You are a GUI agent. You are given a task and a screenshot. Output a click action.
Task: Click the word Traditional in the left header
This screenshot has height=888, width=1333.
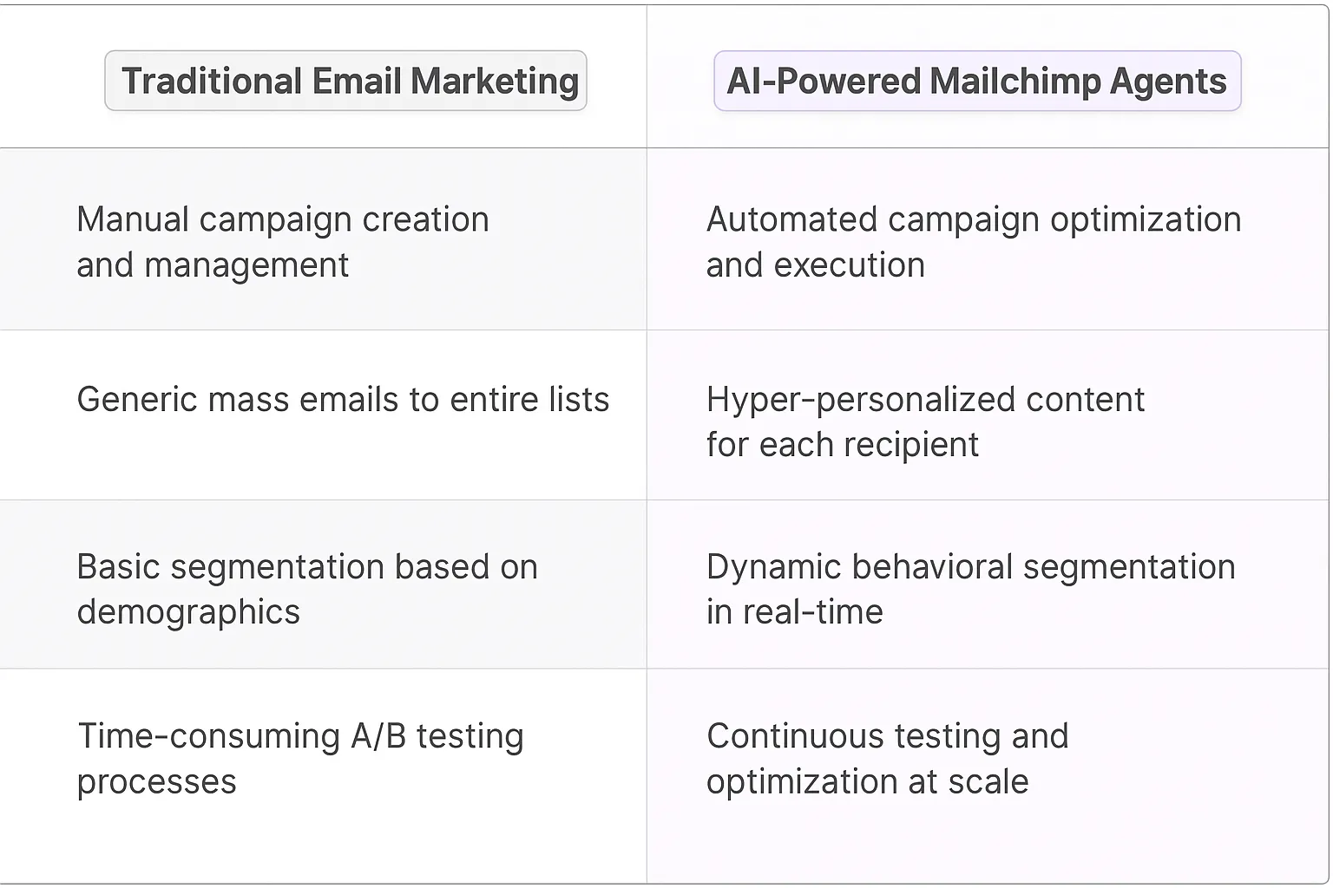[x=212, y=82]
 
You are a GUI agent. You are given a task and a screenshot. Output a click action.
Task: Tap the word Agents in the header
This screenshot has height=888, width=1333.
[x=1168, y=82]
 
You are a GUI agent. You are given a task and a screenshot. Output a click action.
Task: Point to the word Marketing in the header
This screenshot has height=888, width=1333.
[x=494, y=82]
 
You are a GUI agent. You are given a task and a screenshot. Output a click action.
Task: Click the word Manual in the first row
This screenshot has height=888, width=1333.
[x=132, y=219]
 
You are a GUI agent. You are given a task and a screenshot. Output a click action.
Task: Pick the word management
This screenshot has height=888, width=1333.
[x=246, y=265]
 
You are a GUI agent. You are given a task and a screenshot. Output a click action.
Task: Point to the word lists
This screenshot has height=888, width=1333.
[x=579, y=400]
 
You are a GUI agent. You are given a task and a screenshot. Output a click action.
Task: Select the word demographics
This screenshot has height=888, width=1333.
[x=188, y=613]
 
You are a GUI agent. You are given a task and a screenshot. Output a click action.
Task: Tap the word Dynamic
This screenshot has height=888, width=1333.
[x=773, y=567]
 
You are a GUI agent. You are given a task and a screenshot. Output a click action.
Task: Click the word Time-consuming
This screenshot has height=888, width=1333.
[x=209, y=736]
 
